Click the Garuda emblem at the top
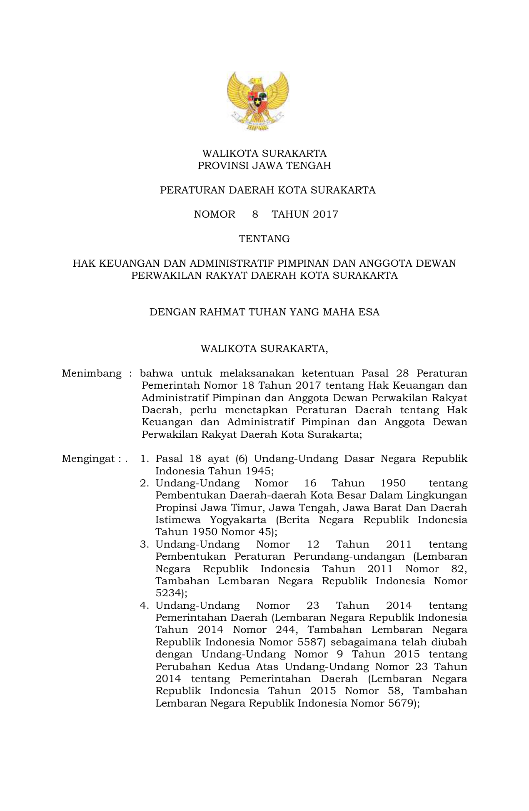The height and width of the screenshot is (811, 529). click(x=258, y=100)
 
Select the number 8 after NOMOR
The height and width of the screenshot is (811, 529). click(x=255, y=214)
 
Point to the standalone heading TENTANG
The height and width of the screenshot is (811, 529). click(x=264, y=239)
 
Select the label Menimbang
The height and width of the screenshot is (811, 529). click(x=92, y=373)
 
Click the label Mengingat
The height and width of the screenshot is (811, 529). click(x=88, y=459)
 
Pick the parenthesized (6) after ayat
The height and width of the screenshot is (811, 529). click(x=242, y=459)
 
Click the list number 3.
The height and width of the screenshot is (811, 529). click(x=144, y=544)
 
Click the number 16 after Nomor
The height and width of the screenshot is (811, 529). click(x=310, y=483)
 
